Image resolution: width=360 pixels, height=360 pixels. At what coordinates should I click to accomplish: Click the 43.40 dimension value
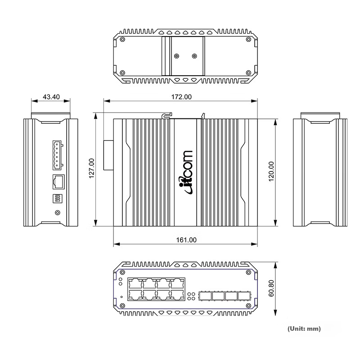[x=51, y=97]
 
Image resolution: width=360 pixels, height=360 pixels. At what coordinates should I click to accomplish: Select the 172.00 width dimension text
[x=181, y=97]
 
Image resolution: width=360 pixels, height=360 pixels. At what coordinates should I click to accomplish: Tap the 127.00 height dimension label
[x=92, y=168]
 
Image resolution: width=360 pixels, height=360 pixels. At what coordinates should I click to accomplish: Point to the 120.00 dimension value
[x=271, y=171]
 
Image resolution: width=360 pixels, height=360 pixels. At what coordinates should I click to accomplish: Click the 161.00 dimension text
[x=186, y=240]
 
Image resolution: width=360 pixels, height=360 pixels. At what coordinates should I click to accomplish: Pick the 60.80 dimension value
[x=271, y=288]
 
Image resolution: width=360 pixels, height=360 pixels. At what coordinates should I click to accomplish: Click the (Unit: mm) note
[x=304, y=328]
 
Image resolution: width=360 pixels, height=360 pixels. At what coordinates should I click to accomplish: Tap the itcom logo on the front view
[x=186, y=173]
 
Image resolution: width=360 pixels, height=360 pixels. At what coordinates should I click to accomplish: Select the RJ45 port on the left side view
[x=58, y=182]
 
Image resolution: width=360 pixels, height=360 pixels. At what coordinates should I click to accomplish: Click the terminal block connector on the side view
[x=58, y=155]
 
